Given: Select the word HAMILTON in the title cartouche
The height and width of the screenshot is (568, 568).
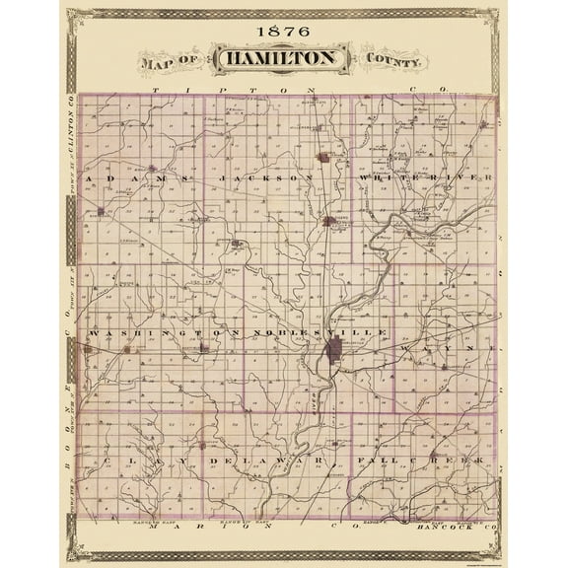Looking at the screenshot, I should pyautogui.click(x=282, y=60).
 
